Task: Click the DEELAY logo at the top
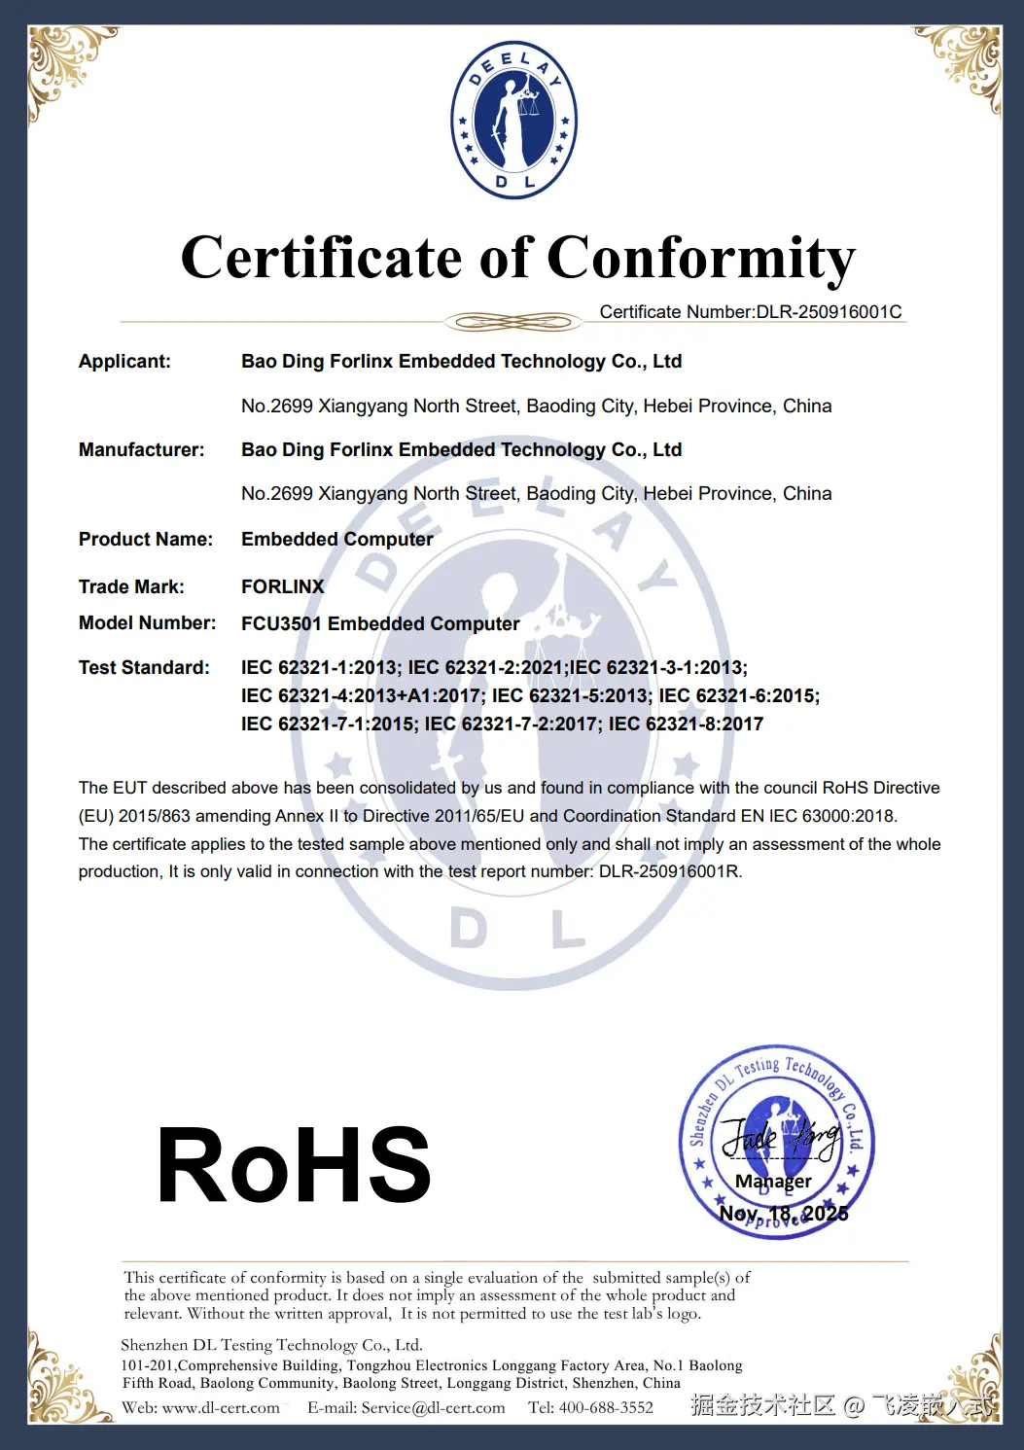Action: [513, 121]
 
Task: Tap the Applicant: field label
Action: [124, 362]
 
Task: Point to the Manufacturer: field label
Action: [141, 450]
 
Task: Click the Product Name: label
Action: [145, 540]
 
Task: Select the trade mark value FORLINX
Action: [282, 586]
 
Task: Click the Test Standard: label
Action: [144, 668]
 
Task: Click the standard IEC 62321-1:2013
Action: [320, 668]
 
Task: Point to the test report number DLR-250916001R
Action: [669, 871]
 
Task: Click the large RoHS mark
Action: [294, 1165]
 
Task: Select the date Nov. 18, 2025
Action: [783, 1214]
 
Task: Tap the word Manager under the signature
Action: [773, 1182]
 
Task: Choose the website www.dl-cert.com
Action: [221, 1407]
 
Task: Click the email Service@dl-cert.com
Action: [433, 1407]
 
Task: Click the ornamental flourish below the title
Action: [512, 322]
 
